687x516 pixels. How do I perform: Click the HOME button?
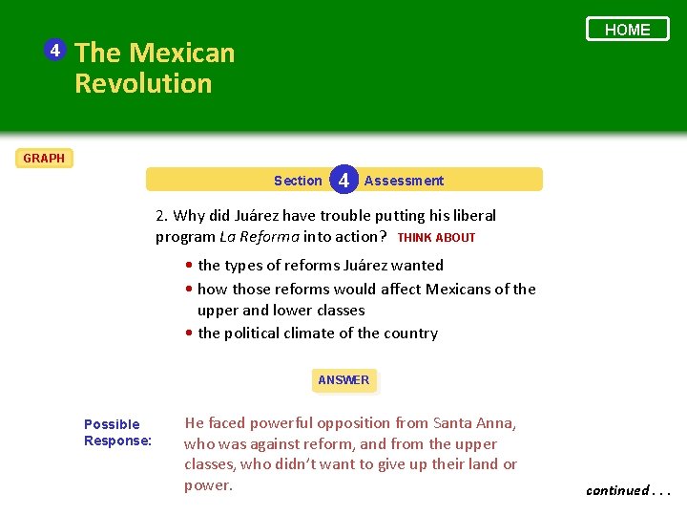[627, 30]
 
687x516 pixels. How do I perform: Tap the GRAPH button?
[44, 158]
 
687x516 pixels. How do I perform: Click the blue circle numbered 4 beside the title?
[56, 50]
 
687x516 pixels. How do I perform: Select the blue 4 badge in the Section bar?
[343, 180]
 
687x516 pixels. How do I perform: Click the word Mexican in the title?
[181, 53]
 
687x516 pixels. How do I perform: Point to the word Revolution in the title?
[143, 83]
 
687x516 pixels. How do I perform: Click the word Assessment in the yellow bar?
[404, 181]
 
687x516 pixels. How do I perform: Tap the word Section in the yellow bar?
[298, 181]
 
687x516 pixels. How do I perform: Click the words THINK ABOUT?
[436, 237]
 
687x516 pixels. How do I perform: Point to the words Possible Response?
[117, 432]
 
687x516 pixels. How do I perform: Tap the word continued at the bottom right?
[617, 490]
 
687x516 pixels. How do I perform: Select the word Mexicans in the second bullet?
[459, 289]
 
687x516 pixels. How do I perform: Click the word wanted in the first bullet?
[414, 266]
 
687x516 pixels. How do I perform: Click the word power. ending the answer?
[208, 485]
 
